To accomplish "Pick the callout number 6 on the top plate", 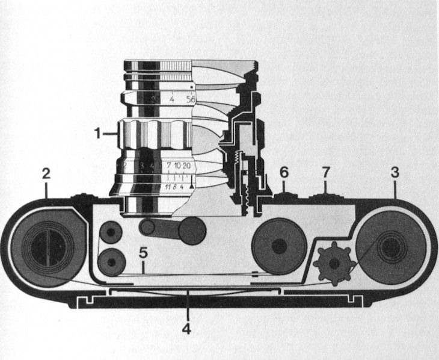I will click(284, 172).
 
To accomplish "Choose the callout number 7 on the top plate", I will click(326, 172).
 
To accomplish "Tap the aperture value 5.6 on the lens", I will click(191, 100).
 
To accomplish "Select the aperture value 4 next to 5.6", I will click(173, 100).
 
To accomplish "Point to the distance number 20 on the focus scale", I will click(187, 166).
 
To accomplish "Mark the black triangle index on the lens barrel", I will click(192, 187).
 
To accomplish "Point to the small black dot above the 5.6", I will click(191, 88).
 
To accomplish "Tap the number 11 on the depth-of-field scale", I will click(164, 187).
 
